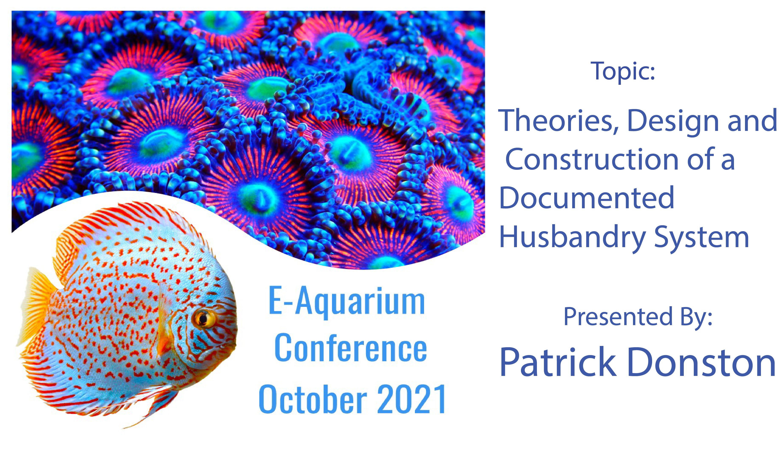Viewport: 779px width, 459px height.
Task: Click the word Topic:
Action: pyautogui.click(x=623, y=71)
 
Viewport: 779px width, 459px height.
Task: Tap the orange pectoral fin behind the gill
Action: pyautogui.click(x=164, y=337)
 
